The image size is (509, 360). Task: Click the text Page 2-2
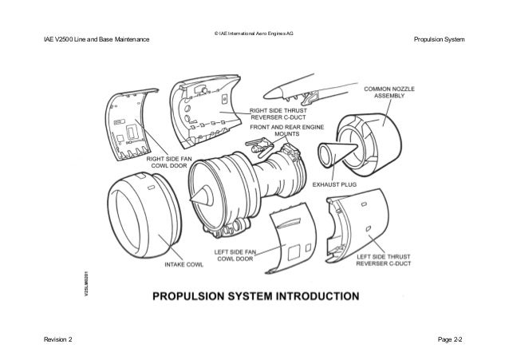point(450,341)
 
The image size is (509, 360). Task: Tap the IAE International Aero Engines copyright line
point(254,33)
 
